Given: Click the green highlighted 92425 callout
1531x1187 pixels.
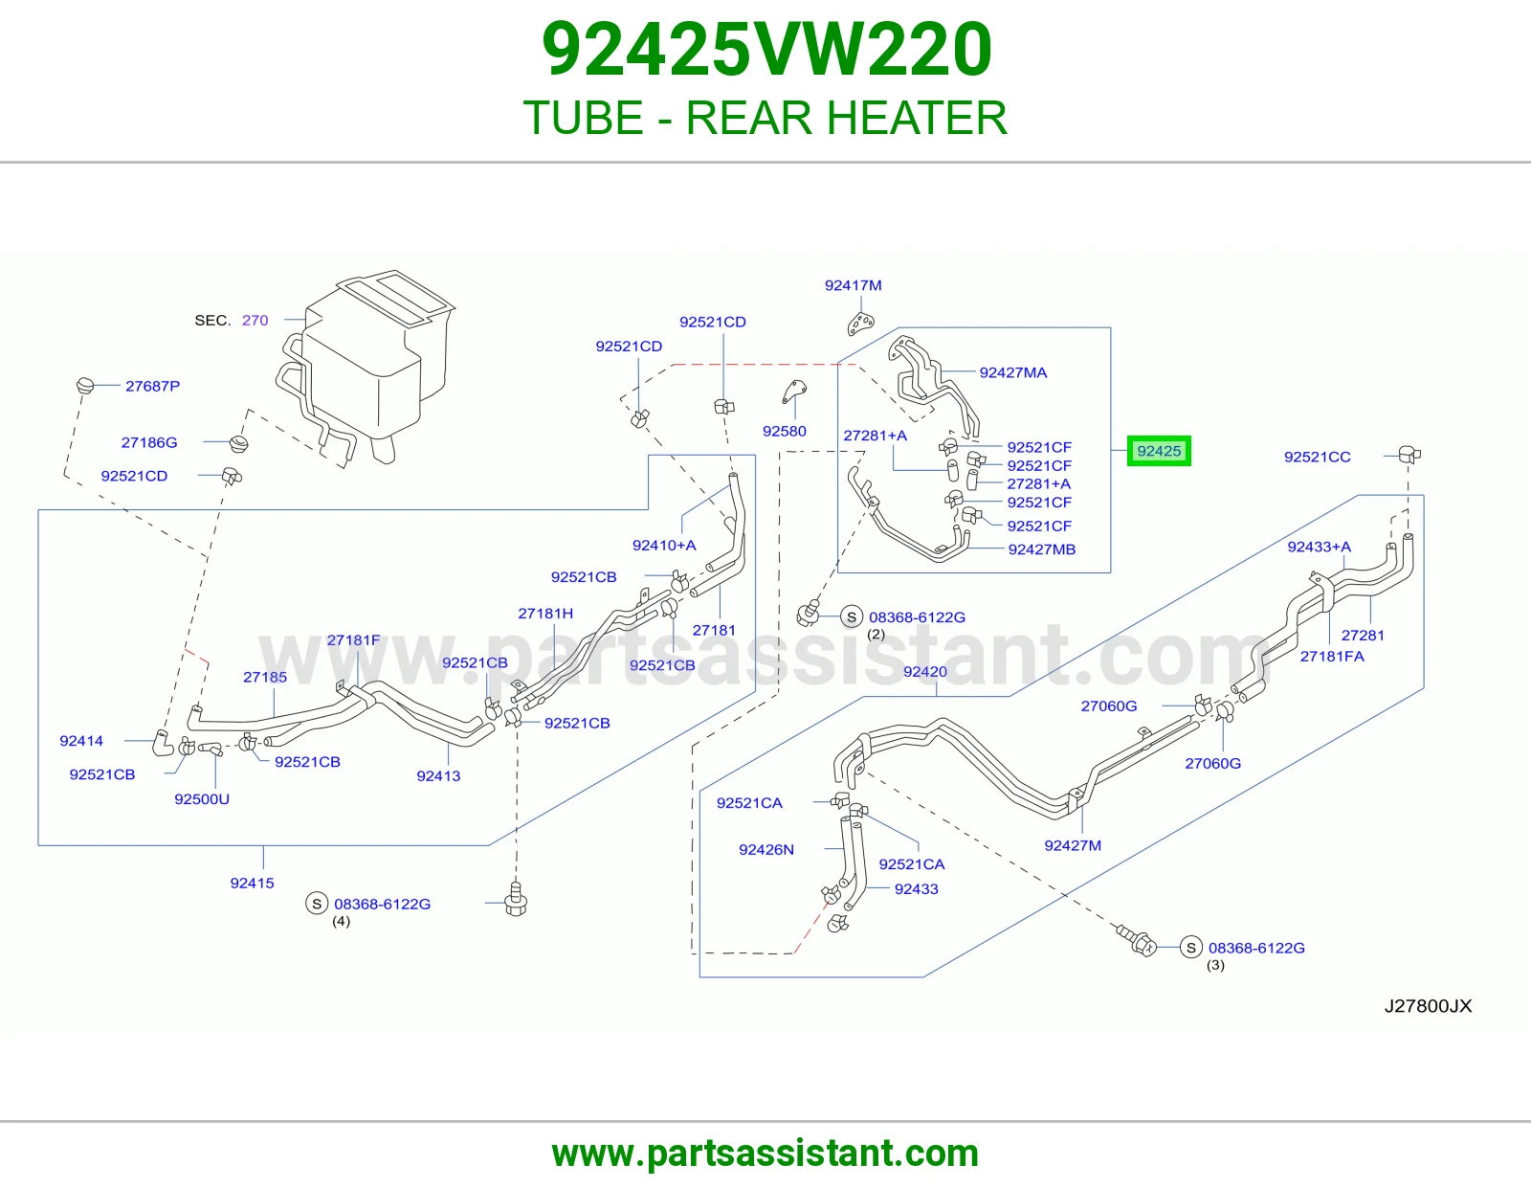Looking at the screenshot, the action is pyautogui.click(x=1159, y=451).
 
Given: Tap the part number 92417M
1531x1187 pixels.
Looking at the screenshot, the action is pyautogui.click(x=854, y=285).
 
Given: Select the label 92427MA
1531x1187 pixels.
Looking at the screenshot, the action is pyautogui.click(x=1013, y=373).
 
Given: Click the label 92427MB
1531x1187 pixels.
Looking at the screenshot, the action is pyautogui.click(x=1042, y=549).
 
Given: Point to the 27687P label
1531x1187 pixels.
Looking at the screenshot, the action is pyautogui.click(x=153, y=387).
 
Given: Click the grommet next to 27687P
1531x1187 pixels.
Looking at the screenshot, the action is pyautogui.click(x=85, y=386).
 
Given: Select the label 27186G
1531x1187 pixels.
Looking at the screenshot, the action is pyautogui.click(x=149, y=442).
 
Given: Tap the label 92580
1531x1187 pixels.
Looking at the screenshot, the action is pyautogui.click(x=785, y=432).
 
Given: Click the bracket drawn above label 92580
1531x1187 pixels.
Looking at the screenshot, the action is pyautogui.click(x=794, y=392).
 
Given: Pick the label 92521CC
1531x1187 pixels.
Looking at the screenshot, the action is pyautogui.click(x=1318, y=457).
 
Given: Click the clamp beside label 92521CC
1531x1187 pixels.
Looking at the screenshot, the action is pyautogui.click(x=1409, y=454).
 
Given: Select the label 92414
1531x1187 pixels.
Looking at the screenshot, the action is pyautogui.click(x=81, y=741).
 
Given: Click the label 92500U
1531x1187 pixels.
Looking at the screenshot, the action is pyautogui.click(x=202, y=799).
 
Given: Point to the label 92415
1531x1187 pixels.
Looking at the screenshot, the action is pyautogui.click(x=253, y=884).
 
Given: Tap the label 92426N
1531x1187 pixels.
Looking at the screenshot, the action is pyautogui.click(x=766, y=850).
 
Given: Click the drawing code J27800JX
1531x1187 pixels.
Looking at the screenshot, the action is pyautogui.click(x=1428, y=1006).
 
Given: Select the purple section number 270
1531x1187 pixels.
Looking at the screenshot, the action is pyautogui.click(x=255, y=320).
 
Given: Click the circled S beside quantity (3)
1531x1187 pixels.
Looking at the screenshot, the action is pyautogui.click(x=1190, y=948).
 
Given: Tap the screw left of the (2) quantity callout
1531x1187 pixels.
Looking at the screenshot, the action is pyautogui.click(x=809, y=614).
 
